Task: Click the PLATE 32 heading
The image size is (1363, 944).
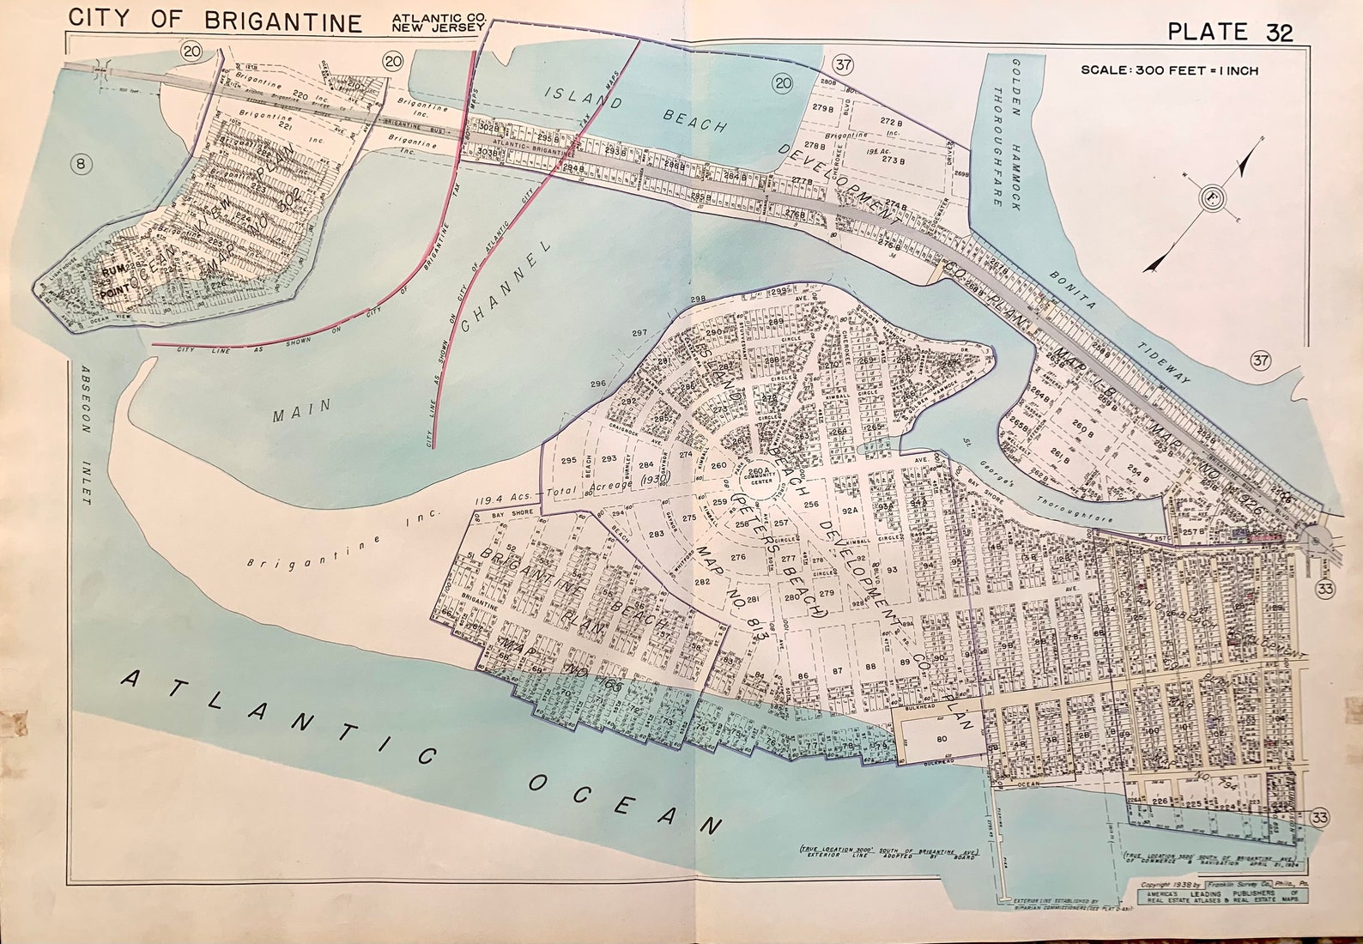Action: (1230, 32)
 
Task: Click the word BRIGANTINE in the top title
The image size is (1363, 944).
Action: (283, 21)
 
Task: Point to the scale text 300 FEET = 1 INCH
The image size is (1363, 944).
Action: (1169, 70)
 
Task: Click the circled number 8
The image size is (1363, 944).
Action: (81, 165)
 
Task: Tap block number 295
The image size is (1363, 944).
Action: (568, 460)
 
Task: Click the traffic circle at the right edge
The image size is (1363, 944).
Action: (1316, 540)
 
